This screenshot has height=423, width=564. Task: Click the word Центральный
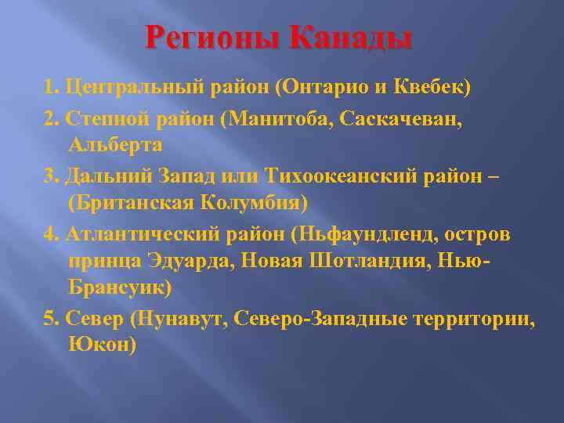point(133,87)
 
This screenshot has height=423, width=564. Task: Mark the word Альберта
point(116,146)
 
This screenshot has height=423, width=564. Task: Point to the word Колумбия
point(252,204)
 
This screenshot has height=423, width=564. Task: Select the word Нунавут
point(174,319)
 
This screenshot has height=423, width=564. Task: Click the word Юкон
point(102,345)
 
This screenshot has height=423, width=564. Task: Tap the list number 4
point(51,233)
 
